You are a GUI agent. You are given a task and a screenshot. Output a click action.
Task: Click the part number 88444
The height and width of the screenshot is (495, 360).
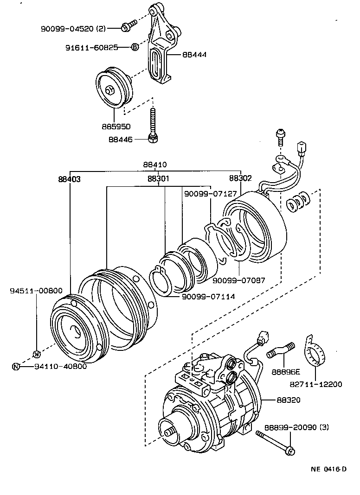tap(195, 55)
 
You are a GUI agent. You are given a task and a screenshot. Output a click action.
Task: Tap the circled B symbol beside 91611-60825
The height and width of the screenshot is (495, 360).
tap(135, 47)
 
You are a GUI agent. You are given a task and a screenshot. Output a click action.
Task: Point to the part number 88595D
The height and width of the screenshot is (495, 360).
tap(116, 126)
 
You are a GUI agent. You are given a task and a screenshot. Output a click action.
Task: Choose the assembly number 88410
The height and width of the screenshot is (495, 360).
tap(155, 165)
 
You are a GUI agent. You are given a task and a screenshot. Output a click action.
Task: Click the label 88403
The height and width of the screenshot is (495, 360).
tap(70, 178)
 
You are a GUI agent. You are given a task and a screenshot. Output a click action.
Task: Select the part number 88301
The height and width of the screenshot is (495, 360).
tap(159, 178)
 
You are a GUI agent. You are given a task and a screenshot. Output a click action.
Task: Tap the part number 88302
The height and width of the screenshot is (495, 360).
tap(240, 178)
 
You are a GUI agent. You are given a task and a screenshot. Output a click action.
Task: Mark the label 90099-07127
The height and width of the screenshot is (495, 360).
tap(211, 194)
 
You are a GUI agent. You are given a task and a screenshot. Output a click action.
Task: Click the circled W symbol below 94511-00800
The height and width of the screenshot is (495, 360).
tap(37, 355)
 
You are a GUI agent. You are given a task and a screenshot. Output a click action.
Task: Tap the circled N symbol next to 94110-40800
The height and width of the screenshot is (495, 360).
tap(16, 367)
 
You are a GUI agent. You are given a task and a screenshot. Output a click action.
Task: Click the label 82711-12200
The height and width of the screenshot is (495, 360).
tap(317, 384)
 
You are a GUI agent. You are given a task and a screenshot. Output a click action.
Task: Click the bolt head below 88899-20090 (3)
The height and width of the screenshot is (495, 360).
tap(289, 450)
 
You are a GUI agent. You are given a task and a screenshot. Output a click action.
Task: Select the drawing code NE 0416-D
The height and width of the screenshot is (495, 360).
tap(328, 469)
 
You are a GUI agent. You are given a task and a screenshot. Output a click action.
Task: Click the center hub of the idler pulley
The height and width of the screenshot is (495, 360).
tap(111, 90)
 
